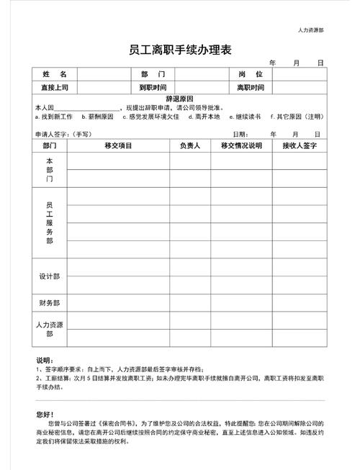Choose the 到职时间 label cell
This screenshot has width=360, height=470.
[153, 88]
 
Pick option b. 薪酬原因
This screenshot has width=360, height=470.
[97, 116]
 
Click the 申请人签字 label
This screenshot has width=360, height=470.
[52, 134]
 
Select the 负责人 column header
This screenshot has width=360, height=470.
[190, 145]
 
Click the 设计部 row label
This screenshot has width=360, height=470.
[50, 276]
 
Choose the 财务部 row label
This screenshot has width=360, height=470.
[50, 303]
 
